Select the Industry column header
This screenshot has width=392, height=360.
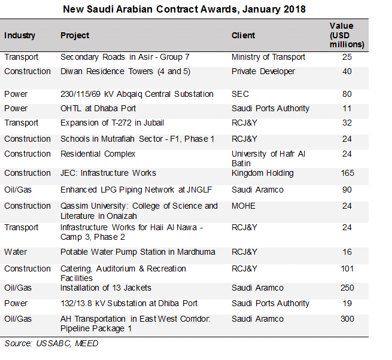point(20,35)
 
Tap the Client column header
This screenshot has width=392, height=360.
point(244,35)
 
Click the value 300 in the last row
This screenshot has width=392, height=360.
point(347,319)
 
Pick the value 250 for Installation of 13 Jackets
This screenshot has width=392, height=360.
point(347,288)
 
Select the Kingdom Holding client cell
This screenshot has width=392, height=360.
point(263,173)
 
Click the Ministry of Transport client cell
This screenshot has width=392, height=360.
point(269,57)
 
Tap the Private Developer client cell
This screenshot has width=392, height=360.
point(263,71)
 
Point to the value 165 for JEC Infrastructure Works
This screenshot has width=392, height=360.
point(347,173)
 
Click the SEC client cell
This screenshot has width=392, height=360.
point(240,94)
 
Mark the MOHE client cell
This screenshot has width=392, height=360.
point(244,206)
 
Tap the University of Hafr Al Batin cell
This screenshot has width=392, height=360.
point(269,158)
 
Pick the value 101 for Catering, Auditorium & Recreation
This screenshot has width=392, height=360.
point(347,269)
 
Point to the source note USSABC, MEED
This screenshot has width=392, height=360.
point(51,343)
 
